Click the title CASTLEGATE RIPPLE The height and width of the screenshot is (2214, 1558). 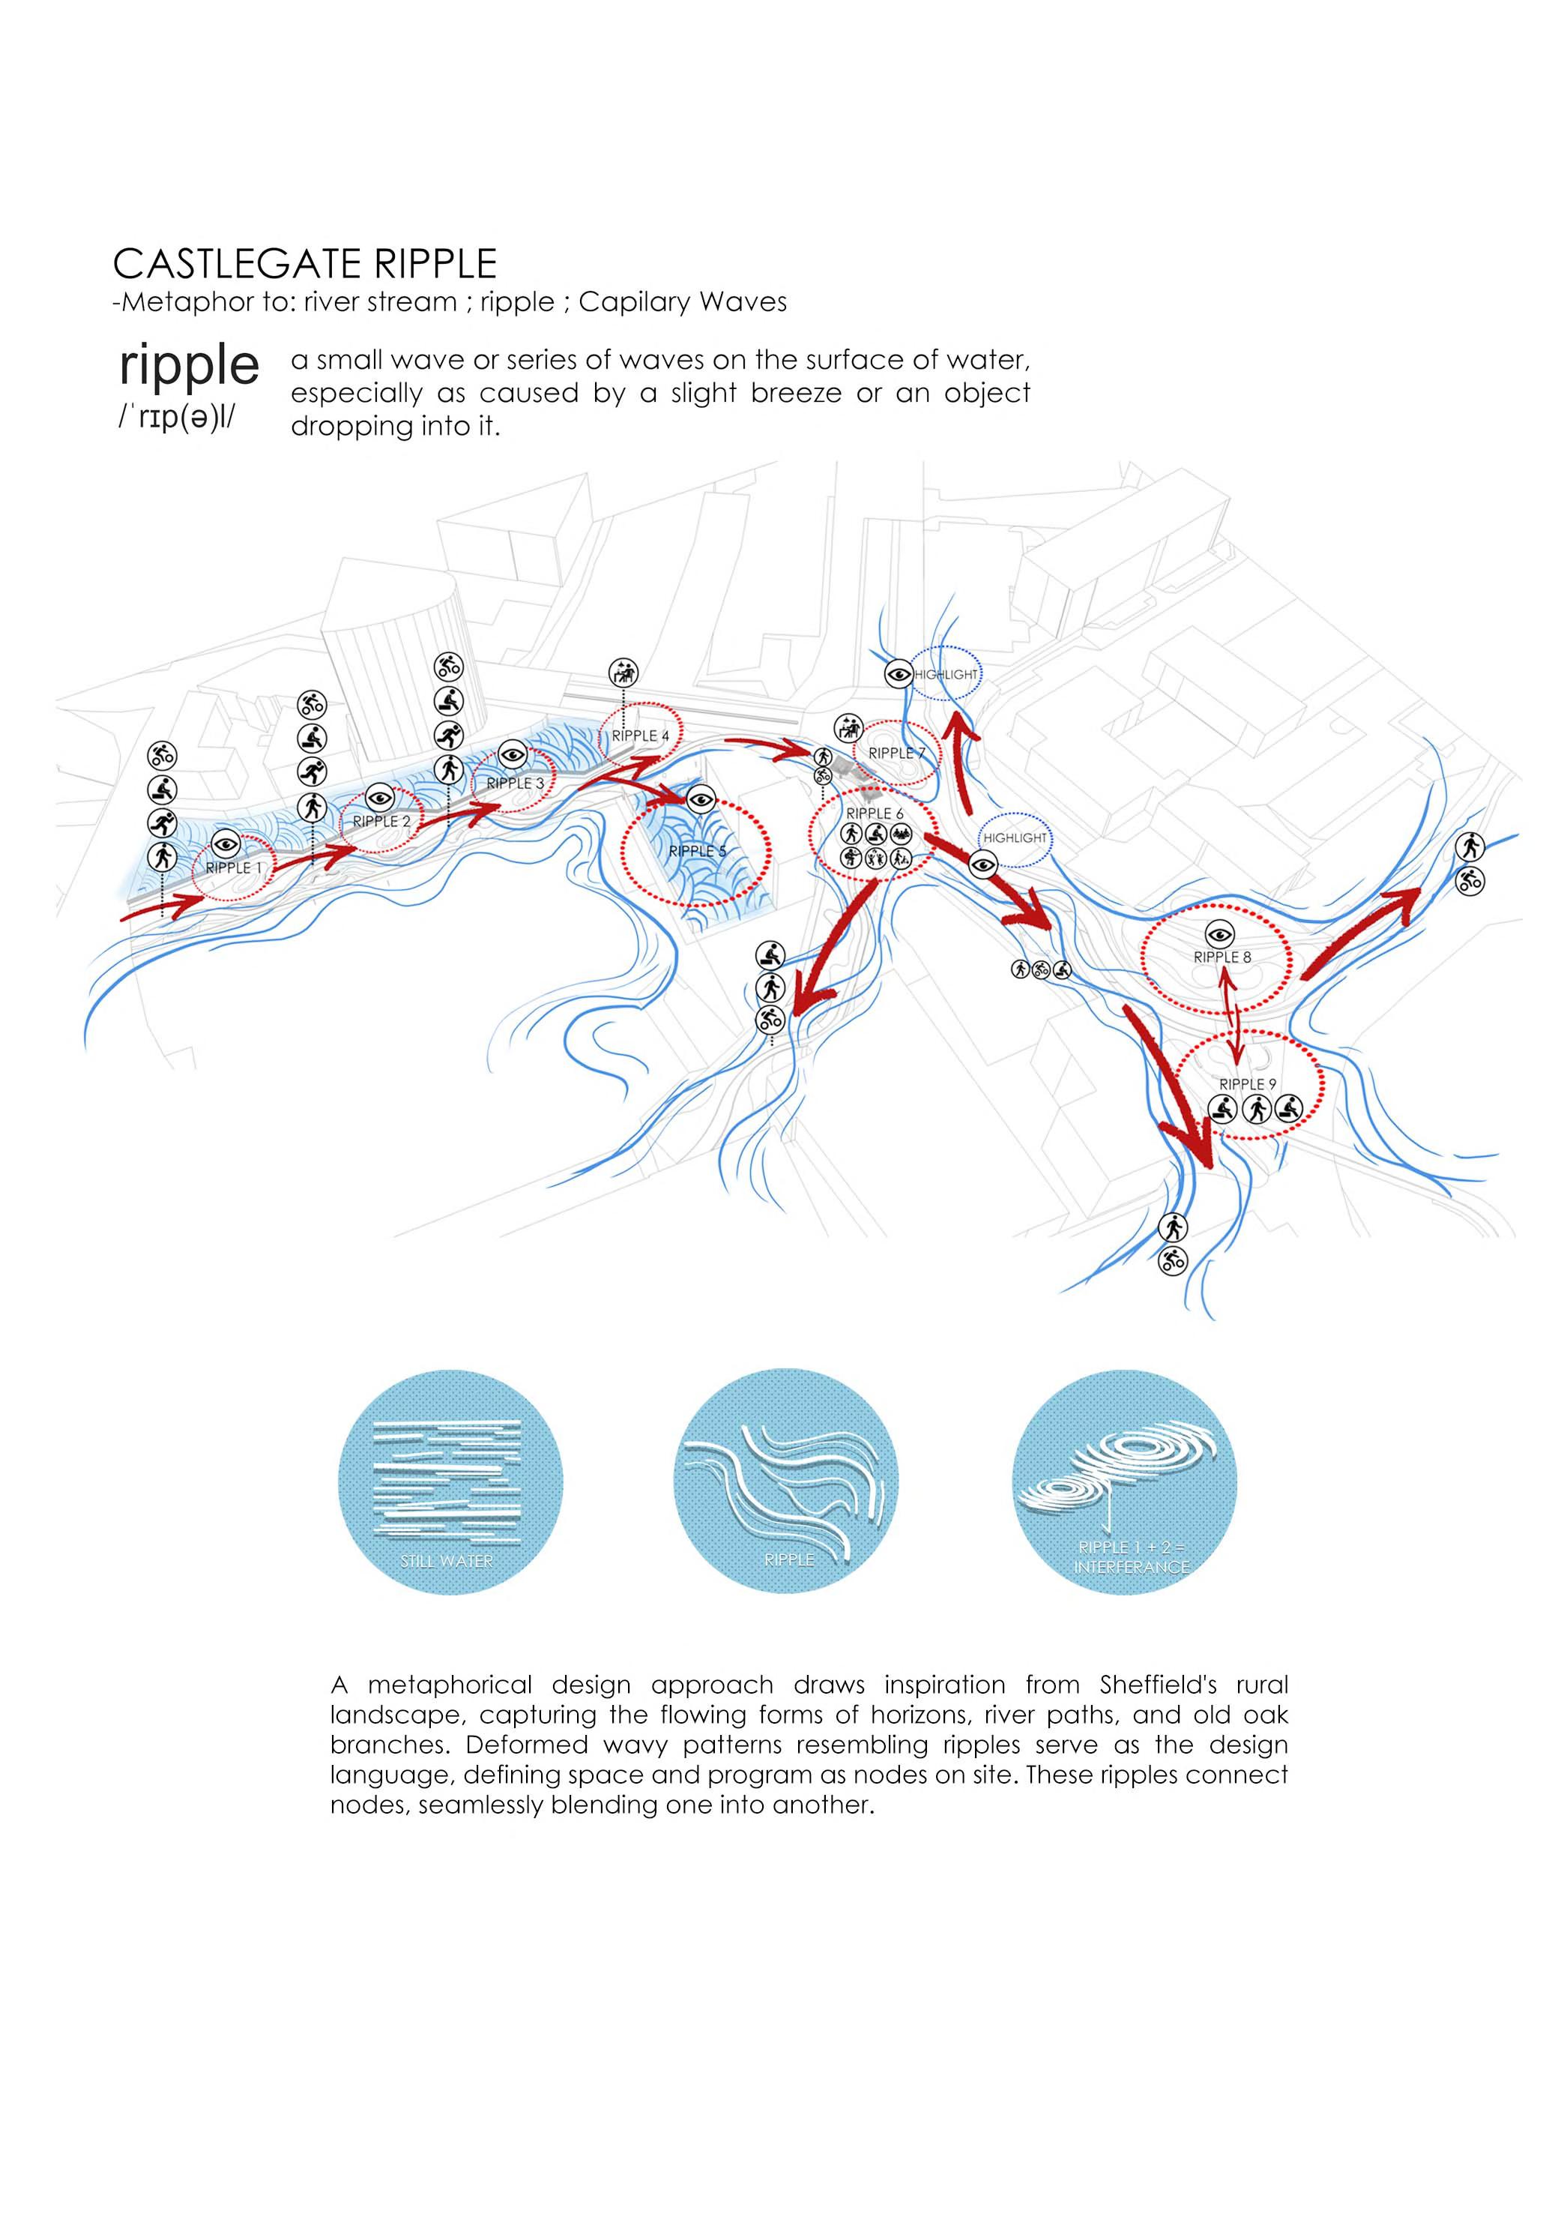point(305,263)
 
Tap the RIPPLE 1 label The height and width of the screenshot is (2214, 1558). point(233,868)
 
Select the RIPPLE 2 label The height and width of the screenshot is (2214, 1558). point(381,822)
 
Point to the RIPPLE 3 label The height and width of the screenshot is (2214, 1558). point(515,783)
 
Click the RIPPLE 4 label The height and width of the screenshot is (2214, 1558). point(640,736)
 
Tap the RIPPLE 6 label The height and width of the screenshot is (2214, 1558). point(875,814)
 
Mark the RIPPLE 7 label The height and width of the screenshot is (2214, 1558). point(896,753)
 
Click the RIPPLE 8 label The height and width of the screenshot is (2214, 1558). point(1222,957)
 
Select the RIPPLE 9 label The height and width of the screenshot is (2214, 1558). point(1248,1084)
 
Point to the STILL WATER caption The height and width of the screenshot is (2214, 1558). point(447,1560)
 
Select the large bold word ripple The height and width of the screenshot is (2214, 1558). point(189,365)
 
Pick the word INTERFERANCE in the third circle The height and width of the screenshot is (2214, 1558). point(1131,1567)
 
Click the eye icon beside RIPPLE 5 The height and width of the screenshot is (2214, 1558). point(700,798)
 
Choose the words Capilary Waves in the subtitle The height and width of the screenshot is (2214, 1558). point(683,302)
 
